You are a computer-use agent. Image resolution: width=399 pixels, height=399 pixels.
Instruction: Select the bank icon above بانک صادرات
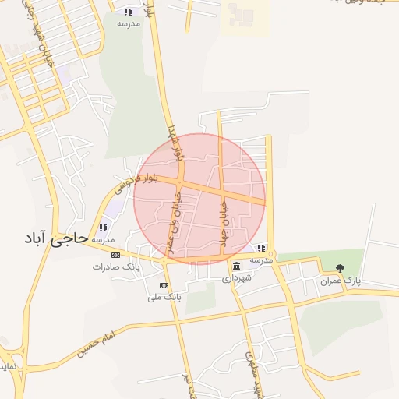[x=115, y=256]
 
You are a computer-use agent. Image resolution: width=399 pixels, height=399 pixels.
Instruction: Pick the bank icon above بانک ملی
[x=163, y=286]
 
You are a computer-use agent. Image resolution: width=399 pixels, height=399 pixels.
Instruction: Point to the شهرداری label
[x=236, y=277]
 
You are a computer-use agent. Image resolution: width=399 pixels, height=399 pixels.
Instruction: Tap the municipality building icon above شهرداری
[x=236, y=267]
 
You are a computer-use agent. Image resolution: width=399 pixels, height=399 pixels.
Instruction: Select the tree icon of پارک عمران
[x=339, y=269]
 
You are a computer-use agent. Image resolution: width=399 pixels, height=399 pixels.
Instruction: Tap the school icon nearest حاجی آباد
[x=103, y=228]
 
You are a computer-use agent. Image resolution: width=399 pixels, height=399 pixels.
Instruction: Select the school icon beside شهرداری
[x=261, y=249]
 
